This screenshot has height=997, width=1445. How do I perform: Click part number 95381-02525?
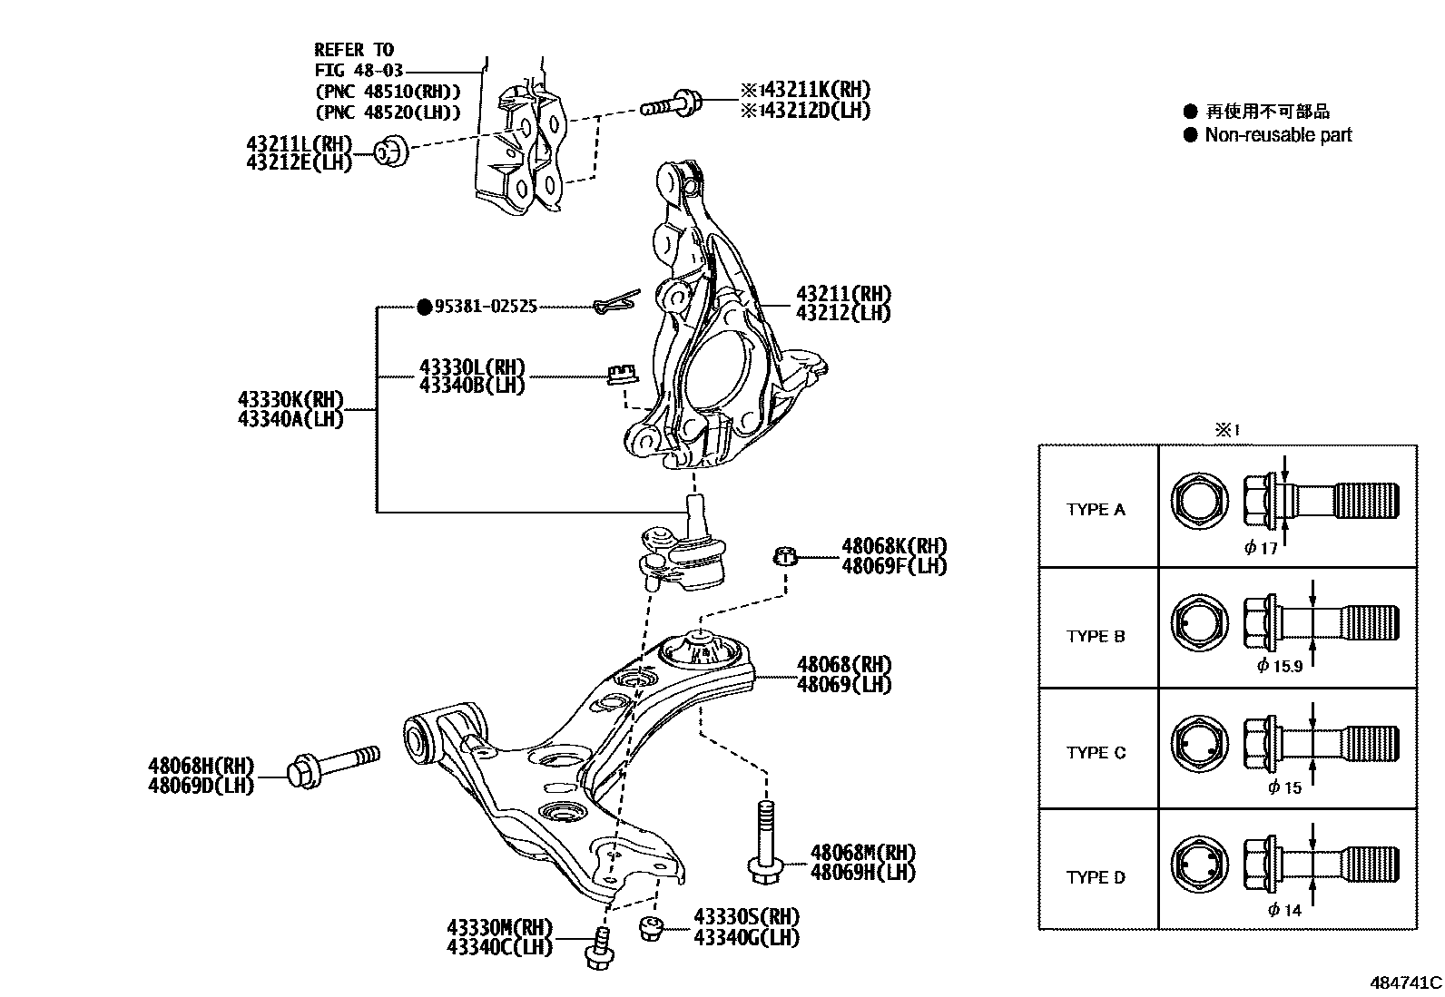pyautogui.click(x=486, y=307)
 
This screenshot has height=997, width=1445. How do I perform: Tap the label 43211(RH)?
pyautogui.click(x=843, y=294)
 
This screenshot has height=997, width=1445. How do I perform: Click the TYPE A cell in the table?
pyautogui.click(x=1096, y=510)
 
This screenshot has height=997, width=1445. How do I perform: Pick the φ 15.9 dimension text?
pyautogui.click(x=1280, y=666)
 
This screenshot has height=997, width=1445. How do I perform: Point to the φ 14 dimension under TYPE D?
pyautogui.click(x=1284, y=910)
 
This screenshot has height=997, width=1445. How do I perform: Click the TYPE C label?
pyautogui.click(x=1096, y=753)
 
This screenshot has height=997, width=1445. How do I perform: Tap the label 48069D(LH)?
pyautogui.click(x=201, y=785)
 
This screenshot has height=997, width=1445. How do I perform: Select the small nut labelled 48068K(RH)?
pyautogui.click(x=786, y=555)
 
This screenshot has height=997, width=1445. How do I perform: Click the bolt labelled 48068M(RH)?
pyautogui.click(x=765, y=840)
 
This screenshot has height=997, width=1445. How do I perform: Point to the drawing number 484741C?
pyautogui.click(x=1405, y=982)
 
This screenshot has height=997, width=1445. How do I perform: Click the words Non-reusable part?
pyautogui.click(x=1278, y=135)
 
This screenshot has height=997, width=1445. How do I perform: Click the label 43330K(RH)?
pyautogui.click(x=290, y=400)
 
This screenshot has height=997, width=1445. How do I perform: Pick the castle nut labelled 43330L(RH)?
pyautogui.click(x=620, y=373)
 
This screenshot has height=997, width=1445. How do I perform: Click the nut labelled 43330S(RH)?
pyautogui.click(x=650, y=928)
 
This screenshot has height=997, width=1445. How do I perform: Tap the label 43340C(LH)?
pyautogui.click(x=499, y=947)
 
